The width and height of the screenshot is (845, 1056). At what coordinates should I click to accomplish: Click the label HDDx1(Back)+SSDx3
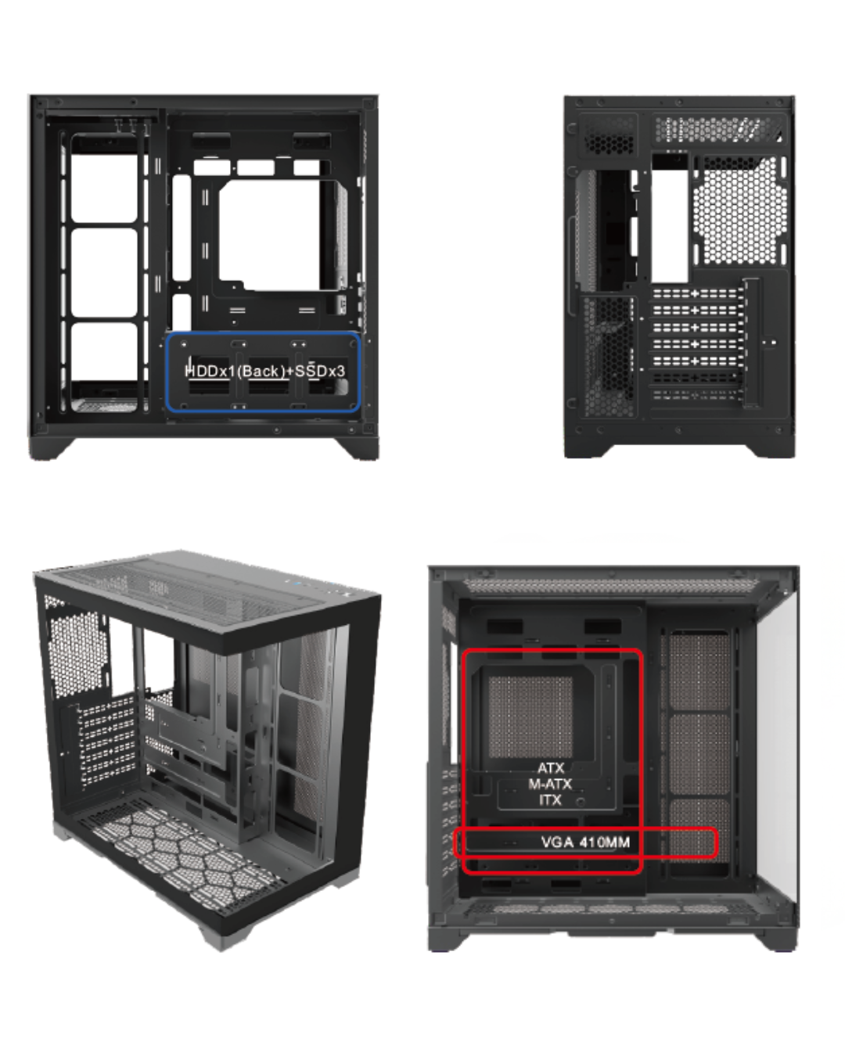pyautogui.click(x=264, y=371)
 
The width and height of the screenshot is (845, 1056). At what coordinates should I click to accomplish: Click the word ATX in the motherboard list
pyautogui.click(x=551, y=768)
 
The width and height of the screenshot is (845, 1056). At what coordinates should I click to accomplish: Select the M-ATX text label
pyautogui.click(x=550, y=784)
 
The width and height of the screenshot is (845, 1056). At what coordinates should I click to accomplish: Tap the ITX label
pyautogui.click(x=550, y=800)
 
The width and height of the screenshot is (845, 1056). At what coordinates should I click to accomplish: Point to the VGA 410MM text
pyautogui.click(x=585, y=842)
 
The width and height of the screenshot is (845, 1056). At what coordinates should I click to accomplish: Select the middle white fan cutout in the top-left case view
pyautogui.click(x=104, y=272)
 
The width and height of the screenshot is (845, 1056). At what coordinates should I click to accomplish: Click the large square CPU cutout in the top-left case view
pyautogui.click(x=271, y=235)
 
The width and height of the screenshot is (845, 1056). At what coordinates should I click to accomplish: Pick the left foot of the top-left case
pyautogui.click(x=51, y=448)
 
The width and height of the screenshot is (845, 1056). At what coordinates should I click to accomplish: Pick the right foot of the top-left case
pyautogui.click(x=358, y=448)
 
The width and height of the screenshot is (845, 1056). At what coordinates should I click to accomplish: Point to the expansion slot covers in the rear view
pyautogui.click(x=697, y=343)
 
